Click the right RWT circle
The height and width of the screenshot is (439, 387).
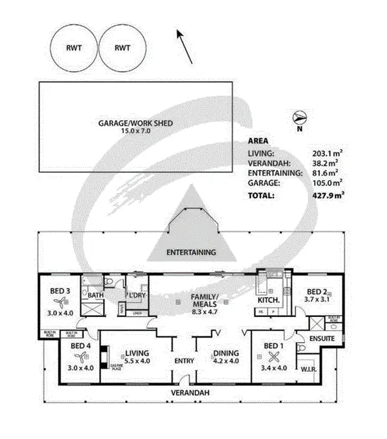[123, 48]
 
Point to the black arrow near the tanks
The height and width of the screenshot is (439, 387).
[184, 46]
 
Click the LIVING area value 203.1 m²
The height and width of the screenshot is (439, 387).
[328, 153]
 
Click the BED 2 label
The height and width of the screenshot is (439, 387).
[319, 291]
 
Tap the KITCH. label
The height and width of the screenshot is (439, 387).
[268, 300]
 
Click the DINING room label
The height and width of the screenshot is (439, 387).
[226, 353]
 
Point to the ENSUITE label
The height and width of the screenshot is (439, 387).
[321, 338]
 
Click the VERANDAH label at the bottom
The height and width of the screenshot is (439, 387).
[188, 393]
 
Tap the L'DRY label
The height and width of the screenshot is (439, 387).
[135, 296]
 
